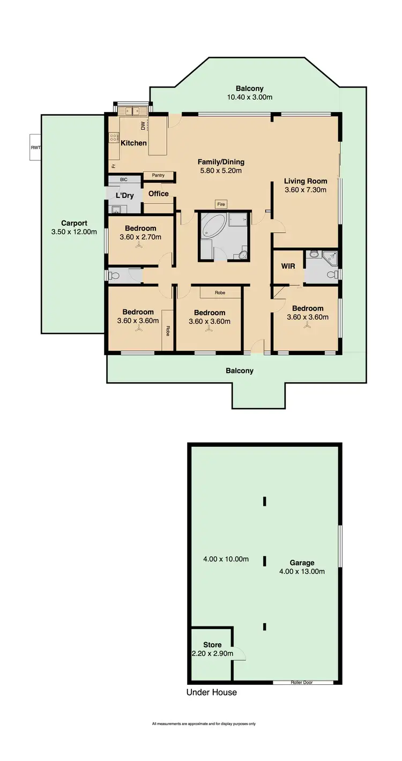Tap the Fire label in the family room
(221, 204)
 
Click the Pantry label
(158, 175)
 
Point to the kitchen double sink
(132, 111)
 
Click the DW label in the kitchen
(143, 126)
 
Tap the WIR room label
(288, 267)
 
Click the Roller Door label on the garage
(302, 683)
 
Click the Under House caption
(211, 692)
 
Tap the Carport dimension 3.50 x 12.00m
(74, 232)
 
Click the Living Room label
(305, 181)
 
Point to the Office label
(158, 194)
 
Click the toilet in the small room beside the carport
(114, 276)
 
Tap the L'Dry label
(124, 195)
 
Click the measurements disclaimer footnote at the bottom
(204, 724)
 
